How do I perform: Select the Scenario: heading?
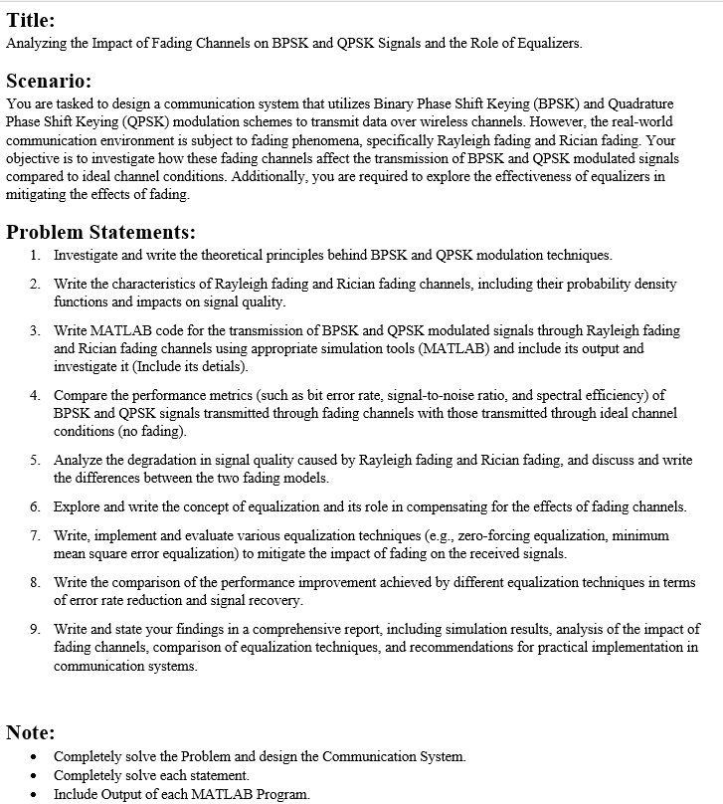49,81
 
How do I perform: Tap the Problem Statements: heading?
100,232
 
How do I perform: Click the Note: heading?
30,732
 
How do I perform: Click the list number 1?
34,256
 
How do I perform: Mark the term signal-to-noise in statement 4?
468,395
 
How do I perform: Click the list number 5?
34,460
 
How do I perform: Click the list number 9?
34,630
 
